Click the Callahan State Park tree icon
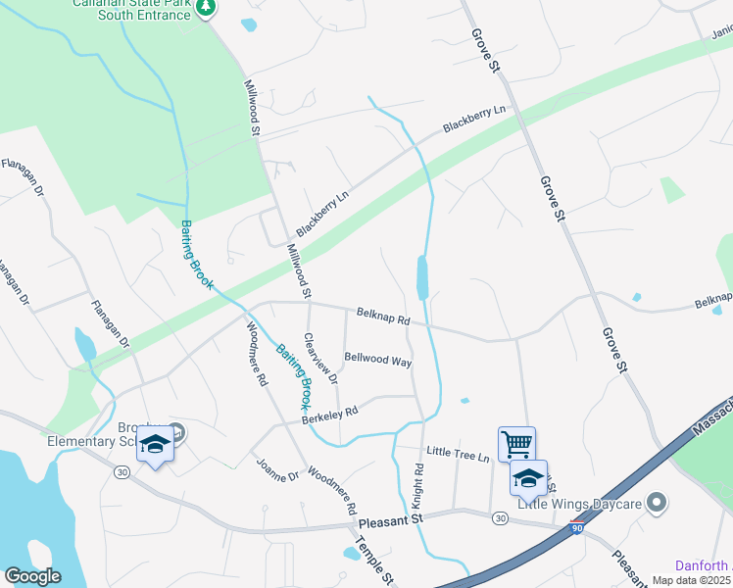coord(205,8)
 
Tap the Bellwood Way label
coord(377,360)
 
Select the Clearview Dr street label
coord(320,359)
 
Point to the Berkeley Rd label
coord(329,416)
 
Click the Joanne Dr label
coord(276,468)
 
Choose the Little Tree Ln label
coord(457,452)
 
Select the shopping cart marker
coord(516,442)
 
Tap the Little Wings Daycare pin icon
coord(658,504)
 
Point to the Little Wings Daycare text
coord(579,504)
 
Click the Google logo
coord(32,576)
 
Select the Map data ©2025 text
coord(692,581)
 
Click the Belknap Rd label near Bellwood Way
coord(382,316)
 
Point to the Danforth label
coord(704,565)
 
